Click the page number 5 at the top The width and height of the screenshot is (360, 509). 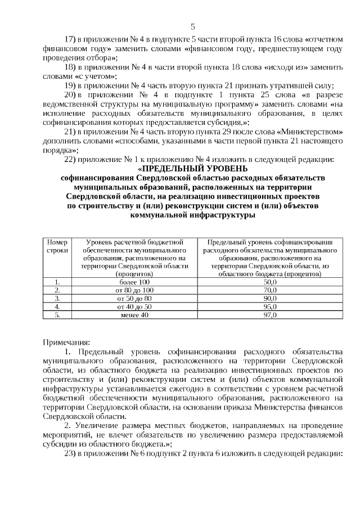(193, 26)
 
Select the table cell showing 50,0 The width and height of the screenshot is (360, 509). (271, 281)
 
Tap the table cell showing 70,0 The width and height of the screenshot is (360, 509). (271, 290)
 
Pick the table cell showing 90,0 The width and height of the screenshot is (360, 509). (271, 298)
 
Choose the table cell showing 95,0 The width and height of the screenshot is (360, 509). (271, 307)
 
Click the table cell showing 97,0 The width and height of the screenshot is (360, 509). (271, 315)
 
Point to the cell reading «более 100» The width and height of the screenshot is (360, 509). (134, 281)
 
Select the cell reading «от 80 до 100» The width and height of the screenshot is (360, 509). (134, 290)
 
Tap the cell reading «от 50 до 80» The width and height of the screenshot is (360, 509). (134, 298)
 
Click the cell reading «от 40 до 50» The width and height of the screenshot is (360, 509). (134, 307)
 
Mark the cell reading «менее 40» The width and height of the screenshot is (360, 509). (134, 315)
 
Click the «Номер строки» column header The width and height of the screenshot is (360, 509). (57, 245)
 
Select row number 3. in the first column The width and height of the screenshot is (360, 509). (57, 298)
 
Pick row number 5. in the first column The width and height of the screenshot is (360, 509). (57, 315)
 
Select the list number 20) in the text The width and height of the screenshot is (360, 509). (71, 94)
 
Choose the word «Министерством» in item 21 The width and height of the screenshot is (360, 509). (313, 131)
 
